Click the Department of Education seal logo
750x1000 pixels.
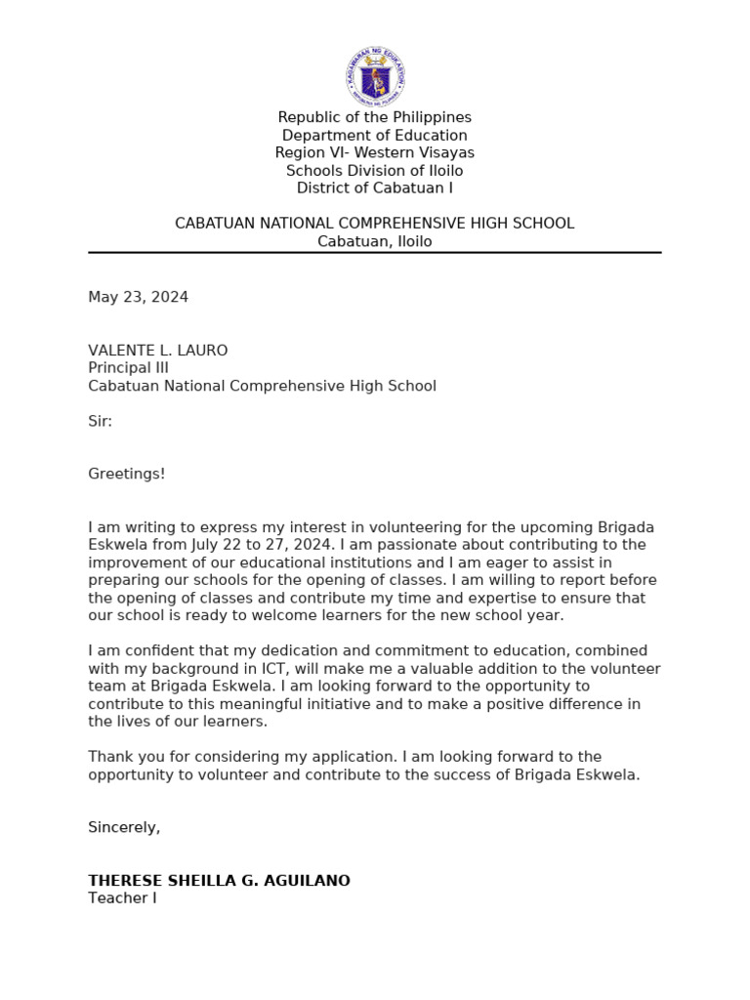(375, 76)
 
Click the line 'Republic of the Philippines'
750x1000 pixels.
(375, 117)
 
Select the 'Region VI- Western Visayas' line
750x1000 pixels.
(375, 152)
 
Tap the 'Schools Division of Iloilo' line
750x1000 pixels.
(375, 171)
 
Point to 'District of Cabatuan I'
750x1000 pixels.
(375, 188)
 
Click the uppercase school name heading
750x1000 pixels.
(375, 224)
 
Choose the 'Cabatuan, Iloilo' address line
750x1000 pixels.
(375, 241)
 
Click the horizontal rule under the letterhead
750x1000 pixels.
(375, 253)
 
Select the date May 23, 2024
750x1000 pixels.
(139, 297)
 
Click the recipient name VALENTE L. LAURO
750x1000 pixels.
(158, 351)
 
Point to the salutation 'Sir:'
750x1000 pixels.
(101, 421)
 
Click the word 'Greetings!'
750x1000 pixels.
(127, 474)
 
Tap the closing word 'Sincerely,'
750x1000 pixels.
(124, 827)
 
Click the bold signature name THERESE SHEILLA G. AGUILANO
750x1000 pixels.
(219, 881)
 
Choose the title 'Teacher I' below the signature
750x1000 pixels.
(122, 897)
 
